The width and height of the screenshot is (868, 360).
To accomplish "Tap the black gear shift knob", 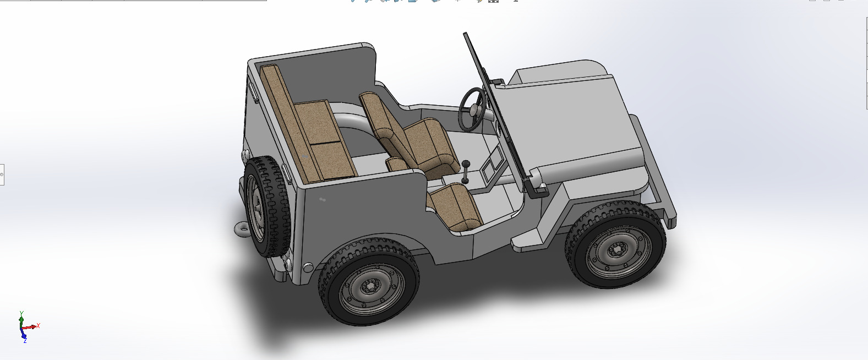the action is [466, 164].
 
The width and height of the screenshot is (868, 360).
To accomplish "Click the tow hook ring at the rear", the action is [242, 229].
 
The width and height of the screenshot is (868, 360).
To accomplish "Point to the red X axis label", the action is [38, 325].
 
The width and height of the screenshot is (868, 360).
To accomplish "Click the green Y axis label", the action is [21, 313].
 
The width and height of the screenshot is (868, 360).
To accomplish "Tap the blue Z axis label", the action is [25, 341].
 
